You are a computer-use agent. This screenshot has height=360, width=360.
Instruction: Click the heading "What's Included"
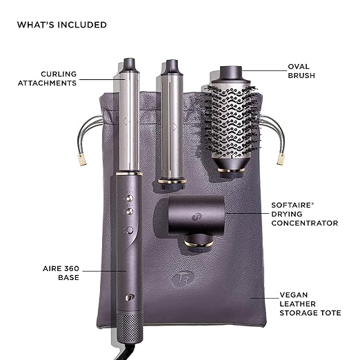[x=62, y=25]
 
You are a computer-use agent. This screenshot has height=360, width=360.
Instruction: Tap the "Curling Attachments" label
[x=47, y=79]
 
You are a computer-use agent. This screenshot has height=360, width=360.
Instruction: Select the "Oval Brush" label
[x=301, y=71]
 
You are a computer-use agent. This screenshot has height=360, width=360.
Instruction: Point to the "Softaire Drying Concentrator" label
[x=305, y=214]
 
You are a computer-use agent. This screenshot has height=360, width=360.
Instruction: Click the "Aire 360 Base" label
[x=61, y=273]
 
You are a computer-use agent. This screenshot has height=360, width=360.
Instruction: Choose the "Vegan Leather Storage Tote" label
[x=310, y=304]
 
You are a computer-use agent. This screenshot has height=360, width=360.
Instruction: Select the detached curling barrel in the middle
[x=172, y=124]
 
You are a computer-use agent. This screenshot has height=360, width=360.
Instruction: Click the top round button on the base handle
[x=130, y=198]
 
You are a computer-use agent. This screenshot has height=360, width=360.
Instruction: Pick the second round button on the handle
[x=130, y=212]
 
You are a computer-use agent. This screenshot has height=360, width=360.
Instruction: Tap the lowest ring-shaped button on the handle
[x=130, y=230]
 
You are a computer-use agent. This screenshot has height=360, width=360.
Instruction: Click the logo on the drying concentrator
[x=197, y=217]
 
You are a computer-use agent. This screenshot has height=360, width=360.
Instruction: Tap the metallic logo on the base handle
[x=130, y=298]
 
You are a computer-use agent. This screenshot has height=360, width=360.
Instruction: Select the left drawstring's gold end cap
[x=82, y=159]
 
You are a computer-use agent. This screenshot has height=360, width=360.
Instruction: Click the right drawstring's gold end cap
[x=281, y=159]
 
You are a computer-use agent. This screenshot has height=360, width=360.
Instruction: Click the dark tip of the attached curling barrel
[x=129, y=66]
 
